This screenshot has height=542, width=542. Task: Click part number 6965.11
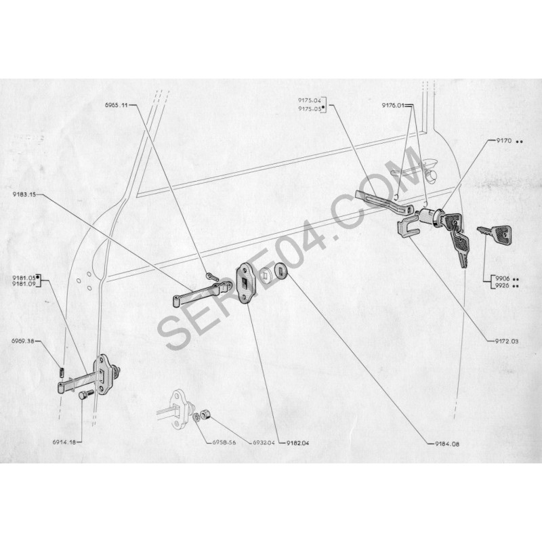coord(117,105)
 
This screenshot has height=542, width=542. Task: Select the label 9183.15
coord(24,194)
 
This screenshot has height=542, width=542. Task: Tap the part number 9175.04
coord(310,100)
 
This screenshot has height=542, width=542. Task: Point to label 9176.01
coord(393,105)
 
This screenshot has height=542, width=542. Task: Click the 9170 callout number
coord(504,141)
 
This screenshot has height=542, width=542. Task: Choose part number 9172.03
coord(507,341)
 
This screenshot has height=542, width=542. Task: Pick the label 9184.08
coord(448,444)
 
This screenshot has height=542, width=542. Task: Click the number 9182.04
coord(298,443)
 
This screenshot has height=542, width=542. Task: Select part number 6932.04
coord(264,442)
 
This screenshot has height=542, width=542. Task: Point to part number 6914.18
coord(64,442)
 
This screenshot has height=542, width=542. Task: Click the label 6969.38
coord(23,341)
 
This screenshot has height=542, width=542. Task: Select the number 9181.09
coord(24,284)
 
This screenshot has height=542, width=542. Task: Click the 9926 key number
coord(502,285)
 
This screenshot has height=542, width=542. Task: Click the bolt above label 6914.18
coord(86,396)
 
